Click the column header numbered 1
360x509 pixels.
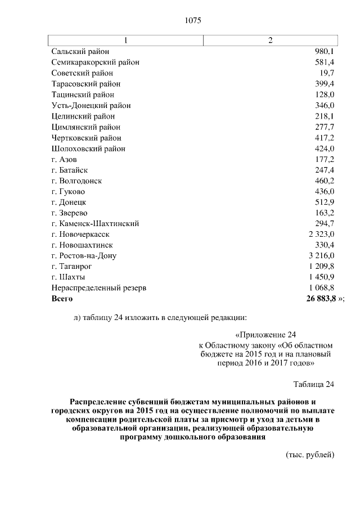coord(126,40)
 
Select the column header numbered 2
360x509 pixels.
coord(271,40)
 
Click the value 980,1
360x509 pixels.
coord(325,52)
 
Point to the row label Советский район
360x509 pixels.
coord(82,73)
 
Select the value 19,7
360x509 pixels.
coord(326,73)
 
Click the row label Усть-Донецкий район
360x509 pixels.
coord(91,105)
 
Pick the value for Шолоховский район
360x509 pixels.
coord(325,149)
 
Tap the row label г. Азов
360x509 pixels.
coord(64,160)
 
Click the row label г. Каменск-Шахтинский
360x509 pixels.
coord(95,224)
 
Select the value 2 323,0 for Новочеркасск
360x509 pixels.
coord(321,235)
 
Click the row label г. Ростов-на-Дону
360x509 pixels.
coord(84,256)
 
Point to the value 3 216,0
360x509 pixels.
coord(321,256)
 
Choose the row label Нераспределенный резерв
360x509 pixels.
coord(98,288)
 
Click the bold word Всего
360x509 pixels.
coord(62,299)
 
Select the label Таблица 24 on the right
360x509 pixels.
coord(314,385)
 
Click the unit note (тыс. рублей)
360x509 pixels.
coord(310,454)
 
